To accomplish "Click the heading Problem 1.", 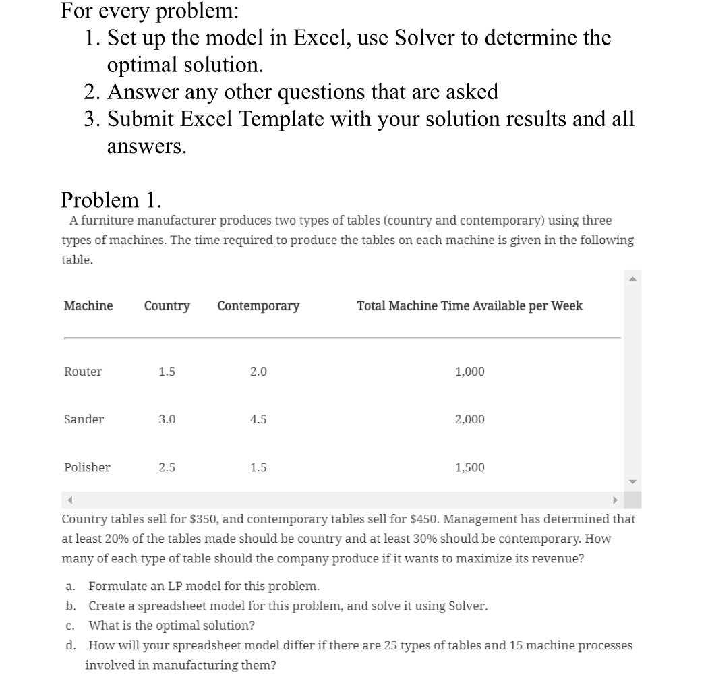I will click(111, 200).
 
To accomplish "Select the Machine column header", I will click(88, 306).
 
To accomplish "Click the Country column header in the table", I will click(167, 306).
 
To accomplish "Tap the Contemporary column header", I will click(258, 306).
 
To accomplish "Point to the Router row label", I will click(83, 372).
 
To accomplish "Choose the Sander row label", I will click(84, 419).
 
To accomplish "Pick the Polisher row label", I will click(87, 467).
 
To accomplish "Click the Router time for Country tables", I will click(167, 372).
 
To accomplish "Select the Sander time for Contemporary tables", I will click(258, 419).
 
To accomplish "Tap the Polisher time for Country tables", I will click(167, 467).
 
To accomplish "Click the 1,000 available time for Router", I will click(469, 372).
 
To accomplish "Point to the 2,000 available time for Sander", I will click(469, 419).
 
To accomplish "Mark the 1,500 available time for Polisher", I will click(469, 467).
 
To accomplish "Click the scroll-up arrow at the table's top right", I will click(632, 279).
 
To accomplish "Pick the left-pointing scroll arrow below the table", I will click(70, 500).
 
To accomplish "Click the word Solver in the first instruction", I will click(425, 38).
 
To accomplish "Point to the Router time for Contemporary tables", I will click(258, 372).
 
